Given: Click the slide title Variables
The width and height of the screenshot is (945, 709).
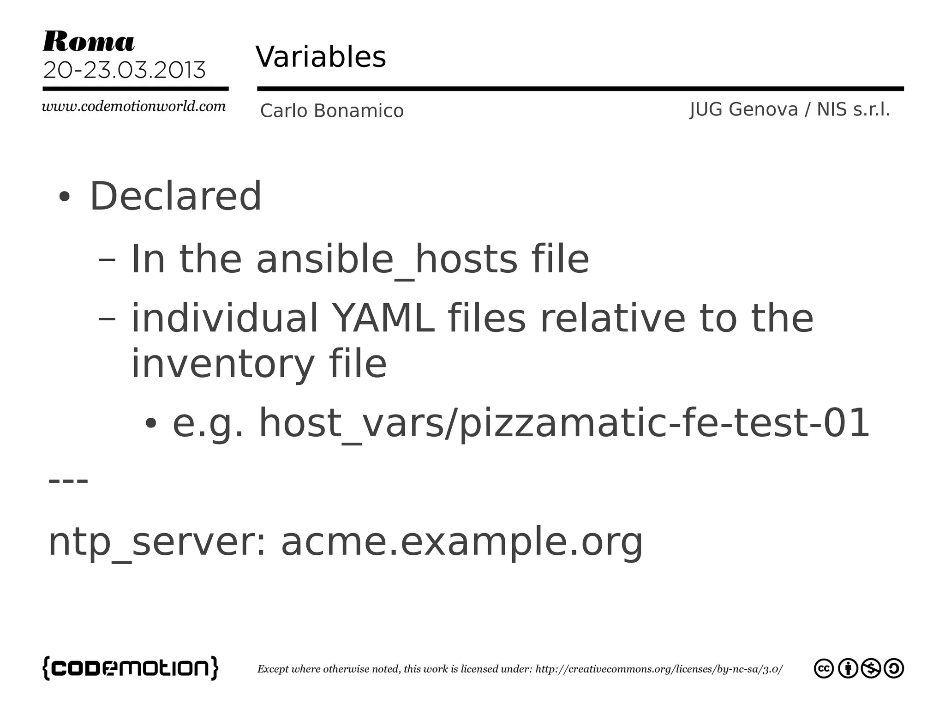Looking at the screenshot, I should tap(321, 57).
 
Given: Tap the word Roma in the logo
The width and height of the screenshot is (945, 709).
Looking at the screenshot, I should tap(89, 42).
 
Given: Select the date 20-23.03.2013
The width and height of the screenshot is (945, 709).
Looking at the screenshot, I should tap(124, 70).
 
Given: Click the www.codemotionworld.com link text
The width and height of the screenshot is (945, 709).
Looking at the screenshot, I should tap(134, 107).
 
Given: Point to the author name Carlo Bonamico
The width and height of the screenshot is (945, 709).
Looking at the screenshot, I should tap(332, 111).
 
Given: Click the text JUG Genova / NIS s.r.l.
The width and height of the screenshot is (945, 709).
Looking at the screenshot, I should tap(789, 110).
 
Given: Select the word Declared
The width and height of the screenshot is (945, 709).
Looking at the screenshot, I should tap(175, 196).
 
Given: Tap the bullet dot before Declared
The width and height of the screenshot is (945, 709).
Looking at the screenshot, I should tap(65, 197).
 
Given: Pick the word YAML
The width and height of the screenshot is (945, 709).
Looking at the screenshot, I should tap(383, 318).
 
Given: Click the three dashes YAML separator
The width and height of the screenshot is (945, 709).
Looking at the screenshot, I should tap(68, 481).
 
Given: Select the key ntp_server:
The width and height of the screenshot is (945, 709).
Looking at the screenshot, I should tap(157, 542).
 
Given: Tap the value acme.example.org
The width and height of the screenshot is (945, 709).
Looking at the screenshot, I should tap(461, 542).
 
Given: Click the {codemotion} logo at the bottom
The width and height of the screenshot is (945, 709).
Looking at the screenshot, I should tap(130, 668).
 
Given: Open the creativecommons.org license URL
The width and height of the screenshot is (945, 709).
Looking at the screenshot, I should tap(658, 669).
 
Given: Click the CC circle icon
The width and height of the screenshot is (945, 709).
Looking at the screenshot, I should tap(824, 668).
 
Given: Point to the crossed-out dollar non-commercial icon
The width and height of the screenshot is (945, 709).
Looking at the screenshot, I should tap(871, 668).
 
